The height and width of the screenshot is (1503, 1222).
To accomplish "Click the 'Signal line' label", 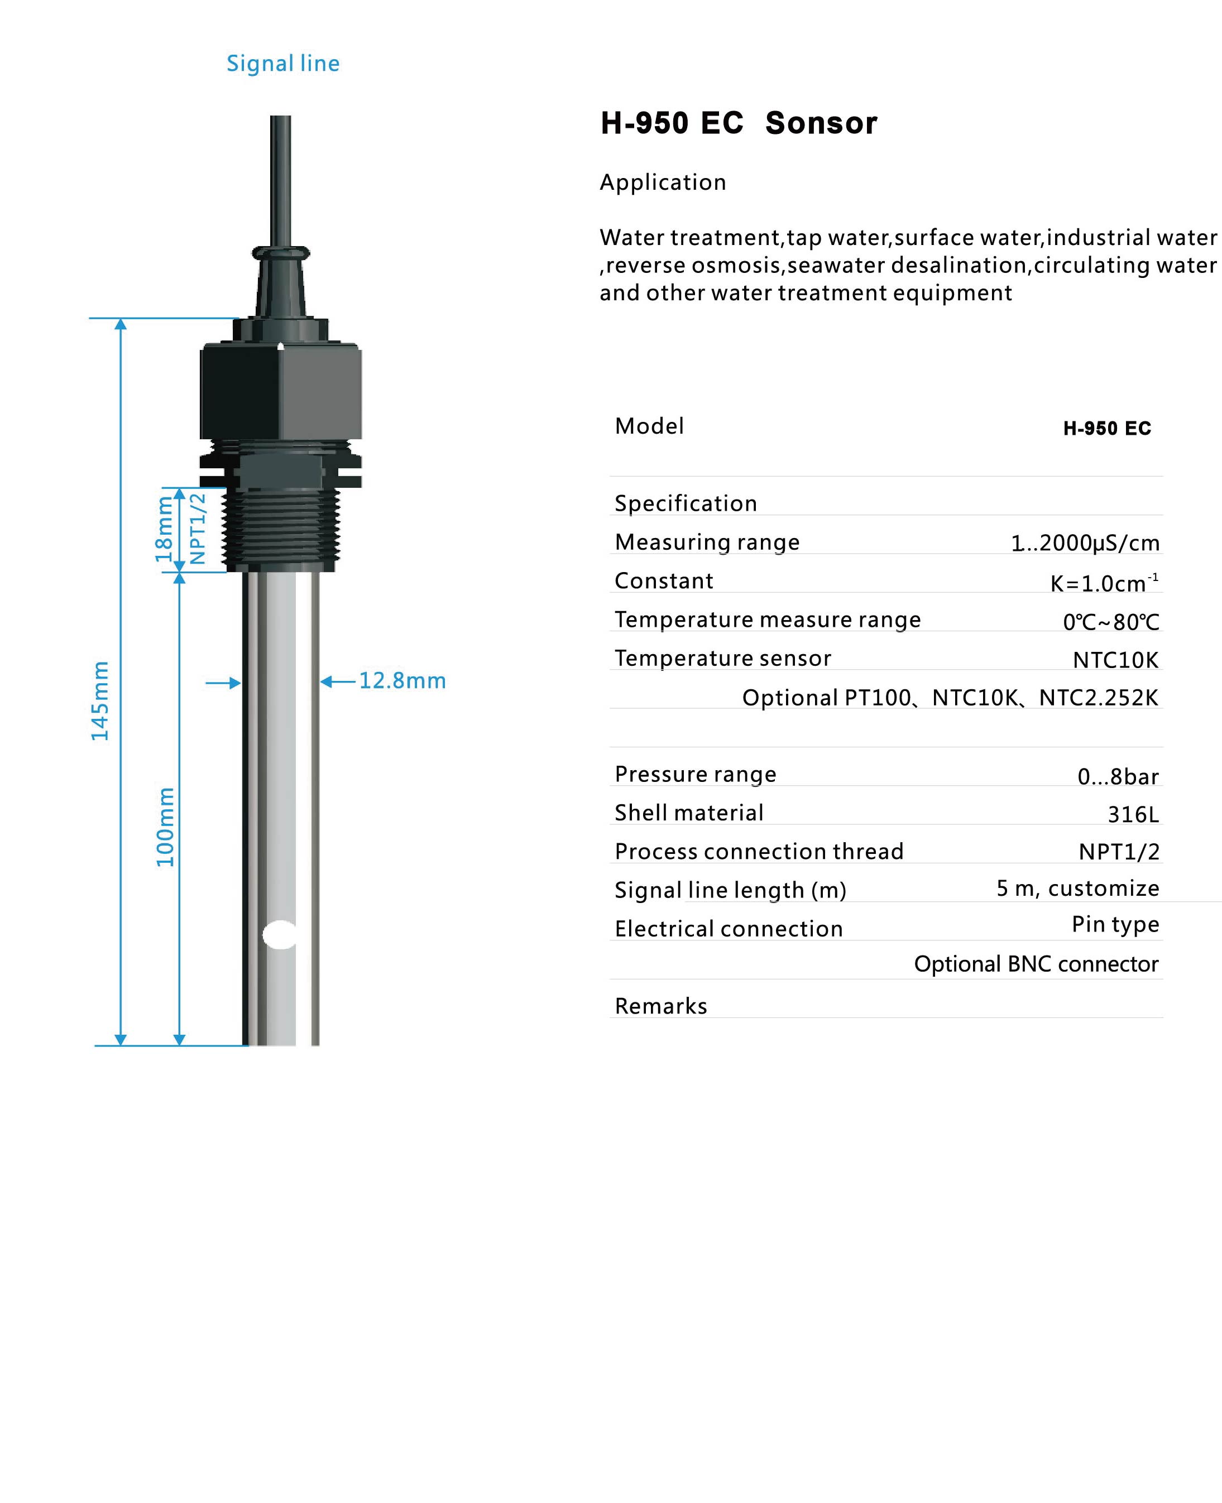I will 283,63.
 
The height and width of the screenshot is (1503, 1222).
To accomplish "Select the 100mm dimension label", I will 165,827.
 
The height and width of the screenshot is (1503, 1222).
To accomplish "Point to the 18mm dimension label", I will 164,529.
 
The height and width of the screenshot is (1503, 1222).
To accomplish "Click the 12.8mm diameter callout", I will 402,680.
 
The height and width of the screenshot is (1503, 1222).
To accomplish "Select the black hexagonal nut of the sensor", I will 281,391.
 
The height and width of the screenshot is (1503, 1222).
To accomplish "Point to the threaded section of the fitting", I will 281,529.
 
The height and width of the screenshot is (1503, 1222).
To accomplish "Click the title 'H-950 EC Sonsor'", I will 739,123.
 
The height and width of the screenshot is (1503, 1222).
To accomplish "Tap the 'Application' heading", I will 663,183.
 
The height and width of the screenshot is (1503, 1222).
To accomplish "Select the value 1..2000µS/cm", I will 1085,542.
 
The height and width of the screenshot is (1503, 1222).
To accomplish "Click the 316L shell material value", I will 1133,814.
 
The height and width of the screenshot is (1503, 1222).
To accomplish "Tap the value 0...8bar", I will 1118,776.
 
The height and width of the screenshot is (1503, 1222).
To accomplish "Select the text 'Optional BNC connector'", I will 1036,963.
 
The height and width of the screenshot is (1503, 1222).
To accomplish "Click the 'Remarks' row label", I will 660,1006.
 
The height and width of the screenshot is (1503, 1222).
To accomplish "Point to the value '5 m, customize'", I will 1077,888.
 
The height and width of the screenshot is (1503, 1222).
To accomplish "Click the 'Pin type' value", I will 1115,924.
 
